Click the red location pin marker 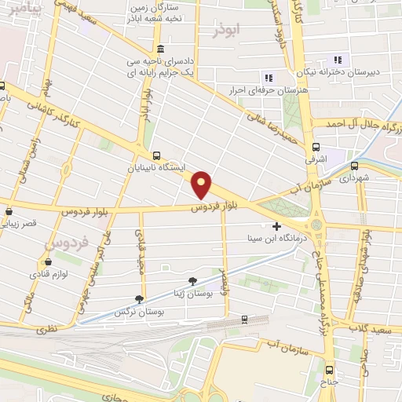point(203,185)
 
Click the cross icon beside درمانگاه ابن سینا point(276,225)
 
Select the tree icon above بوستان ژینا point(193,281)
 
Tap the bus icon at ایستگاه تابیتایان point(157,155)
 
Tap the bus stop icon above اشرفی point(316,147)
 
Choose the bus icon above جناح point(331,371)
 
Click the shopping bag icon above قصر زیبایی point(9,211)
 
